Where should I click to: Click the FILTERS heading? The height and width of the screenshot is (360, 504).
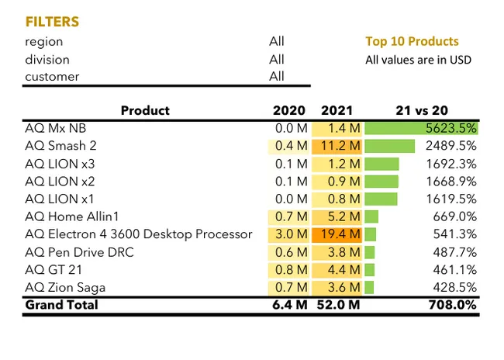tap(52, 22)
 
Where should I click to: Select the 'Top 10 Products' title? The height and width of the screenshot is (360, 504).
tap(412, 42)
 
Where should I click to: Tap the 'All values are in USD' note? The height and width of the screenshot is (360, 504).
tap(418, 60)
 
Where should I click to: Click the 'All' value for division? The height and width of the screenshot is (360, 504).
tap(276, 59)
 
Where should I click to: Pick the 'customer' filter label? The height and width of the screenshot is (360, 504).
tap(52, 77)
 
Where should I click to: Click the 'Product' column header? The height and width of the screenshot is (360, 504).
tap(145, 111)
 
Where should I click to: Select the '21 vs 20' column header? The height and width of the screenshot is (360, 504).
tap(422, 111)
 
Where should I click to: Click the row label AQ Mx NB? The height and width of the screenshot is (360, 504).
tap(58, 128)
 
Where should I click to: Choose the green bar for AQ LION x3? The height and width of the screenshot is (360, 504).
tap(381, 164)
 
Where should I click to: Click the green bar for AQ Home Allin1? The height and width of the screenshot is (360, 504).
tap(371, 216)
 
